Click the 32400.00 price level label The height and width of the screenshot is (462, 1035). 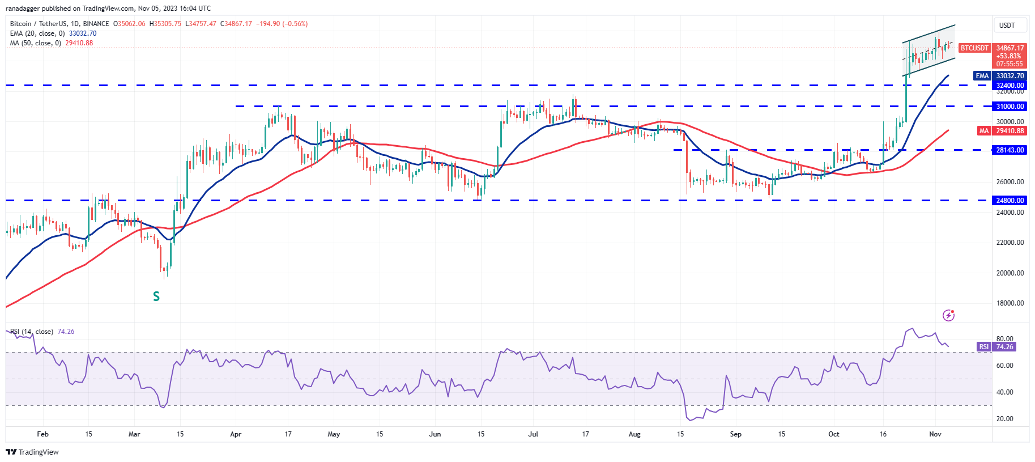[x=1010, y=86]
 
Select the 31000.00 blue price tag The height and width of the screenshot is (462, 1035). [x=1010, y=107]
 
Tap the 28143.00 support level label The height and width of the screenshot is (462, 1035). [x=1010, y=150]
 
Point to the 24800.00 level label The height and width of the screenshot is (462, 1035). [x=1010, y=201]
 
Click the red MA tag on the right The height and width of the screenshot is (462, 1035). [x=984, y=131]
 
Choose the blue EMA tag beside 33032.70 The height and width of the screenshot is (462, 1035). [x=982, y=76]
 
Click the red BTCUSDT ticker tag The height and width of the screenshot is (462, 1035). [x=974, y=48]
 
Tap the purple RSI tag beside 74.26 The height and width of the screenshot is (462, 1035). [x=983, y=347]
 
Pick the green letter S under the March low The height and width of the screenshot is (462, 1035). [x=156, y=296]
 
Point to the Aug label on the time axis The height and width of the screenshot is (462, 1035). [x=634, y=434]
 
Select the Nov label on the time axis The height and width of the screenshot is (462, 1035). [x=935, y=434]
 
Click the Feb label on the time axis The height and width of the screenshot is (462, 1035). [x=42, y=434]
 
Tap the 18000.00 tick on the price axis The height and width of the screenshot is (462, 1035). [x=1010, y=303]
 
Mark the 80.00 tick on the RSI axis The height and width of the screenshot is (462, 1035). [x=1004, y=339]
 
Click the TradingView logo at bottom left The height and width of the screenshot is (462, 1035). [x=32, y=452]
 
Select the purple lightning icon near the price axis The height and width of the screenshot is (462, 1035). [x=948, y=315]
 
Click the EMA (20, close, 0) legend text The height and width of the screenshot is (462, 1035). [x=37, y=33]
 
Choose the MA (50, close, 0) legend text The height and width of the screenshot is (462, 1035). [x=35, y=43]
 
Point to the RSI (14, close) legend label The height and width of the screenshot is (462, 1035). [x=32, y=332]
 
